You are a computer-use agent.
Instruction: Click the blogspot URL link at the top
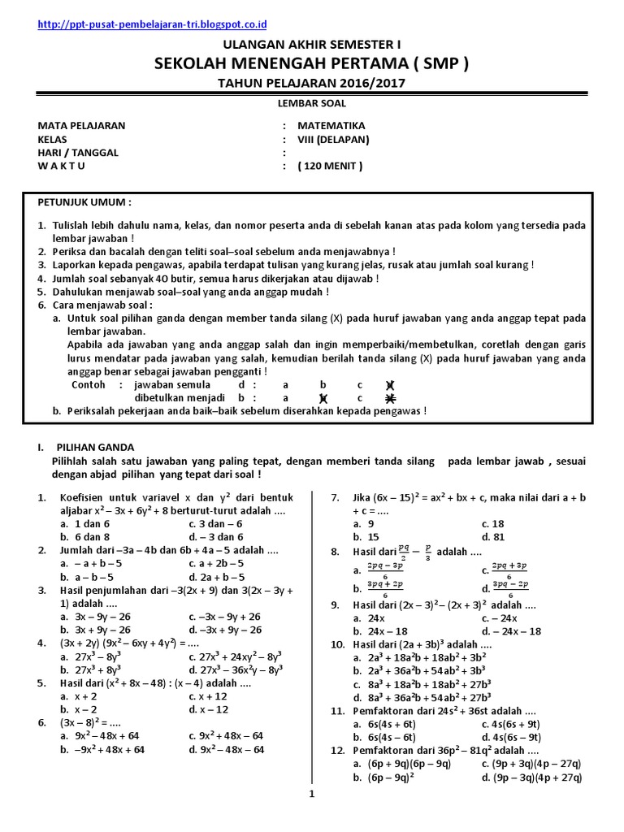(154, 26)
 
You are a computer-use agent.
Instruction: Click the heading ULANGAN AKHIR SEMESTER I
(312, 45)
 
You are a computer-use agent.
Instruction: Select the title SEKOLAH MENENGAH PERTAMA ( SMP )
(312, 64)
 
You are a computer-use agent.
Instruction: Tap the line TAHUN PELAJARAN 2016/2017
(312, 83)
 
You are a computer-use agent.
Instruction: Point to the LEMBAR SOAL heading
(312, 103)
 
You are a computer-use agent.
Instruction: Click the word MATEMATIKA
(331, 126)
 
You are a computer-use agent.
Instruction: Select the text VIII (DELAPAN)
(333, 139)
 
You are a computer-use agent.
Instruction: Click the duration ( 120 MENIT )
(330, 167)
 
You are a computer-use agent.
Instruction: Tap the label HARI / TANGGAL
(78, 153)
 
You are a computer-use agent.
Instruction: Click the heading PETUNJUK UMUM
(84, 201)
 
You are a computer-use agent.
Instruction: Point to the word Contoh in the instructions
(89, 384)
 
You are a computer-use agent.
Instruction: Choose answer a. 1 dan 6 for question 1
(84, 524)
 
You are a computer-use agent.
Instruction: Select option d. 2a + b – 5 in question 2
(215, 577)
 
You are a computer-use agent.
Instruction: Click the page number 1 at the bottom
(311, 795)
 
